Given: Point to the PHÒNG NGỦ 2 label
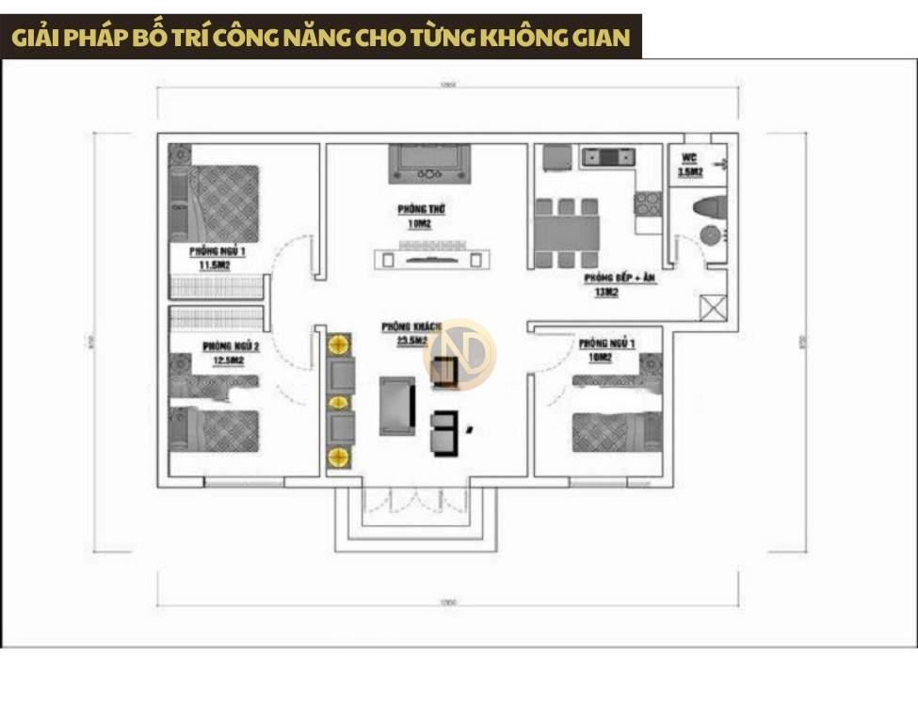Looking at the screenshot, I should click(231, 346).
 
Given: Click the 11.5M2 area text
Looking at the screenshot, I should click(215, 265).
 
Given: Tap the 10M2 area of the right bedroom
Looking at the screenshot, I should click(600, 358).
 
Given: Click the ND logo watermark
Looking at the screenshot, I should click(460, 353).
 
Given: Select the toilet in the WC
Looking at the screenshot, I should click(709, 208).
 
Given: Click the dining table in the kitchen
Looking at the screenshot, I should click(567, 233).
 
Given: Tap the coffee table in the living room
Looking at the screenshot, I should click(397, 405).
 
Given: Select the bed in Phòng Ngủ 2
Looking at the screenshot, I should click(215, 428).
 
